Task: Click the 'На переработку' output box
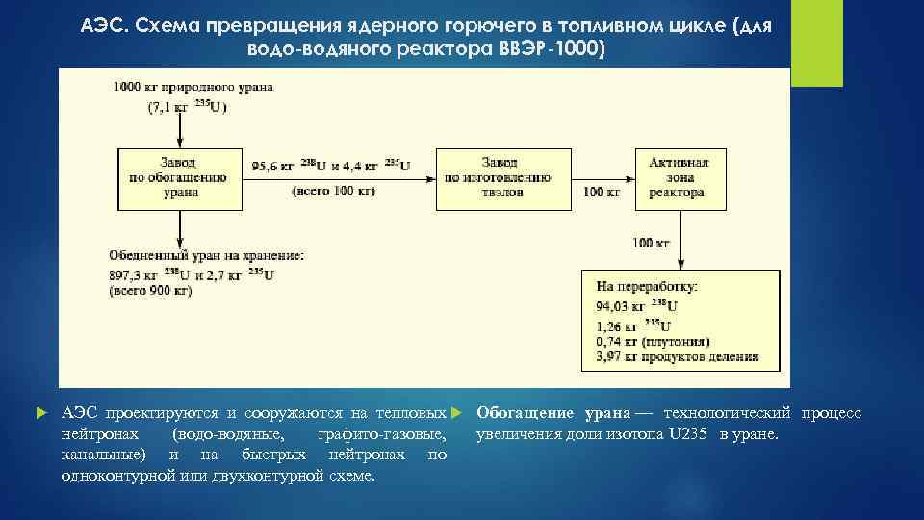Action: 680,321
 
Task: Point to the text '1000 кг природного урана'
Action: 192,87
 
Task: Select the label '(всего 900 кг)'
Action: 150,290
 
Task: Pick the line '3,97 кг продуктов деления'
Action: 677,356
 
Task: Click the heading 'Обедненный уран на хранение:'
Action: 207,255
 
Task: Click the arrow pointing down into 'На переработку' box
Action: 680,258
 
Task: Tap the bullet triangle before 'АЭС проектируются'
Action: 39,413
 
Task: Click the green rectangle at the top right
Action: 816,43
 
